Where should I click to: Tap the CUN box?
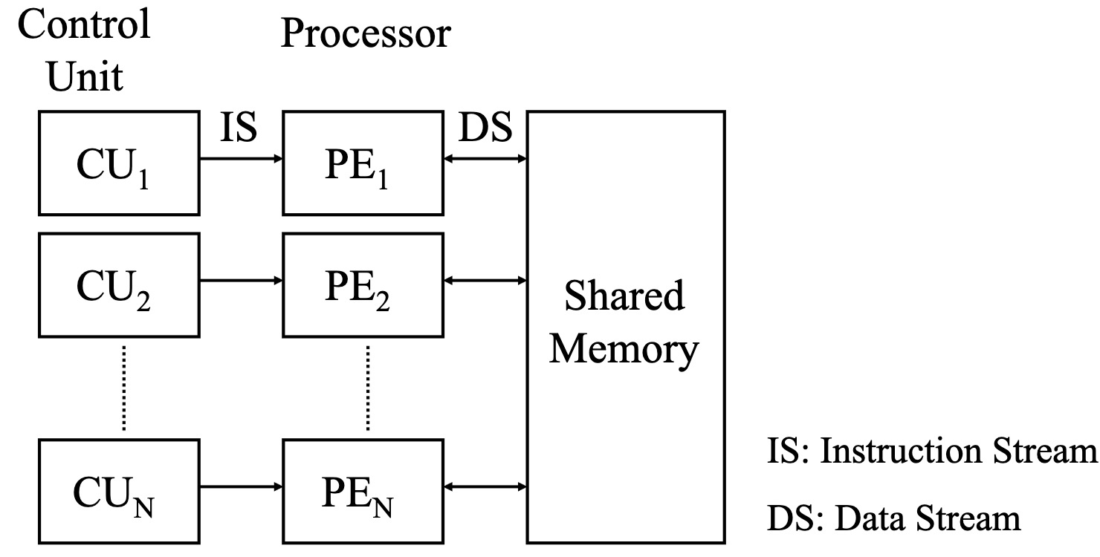click(x=118, y=490)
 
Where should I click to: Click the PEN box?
click(x=363, y=490)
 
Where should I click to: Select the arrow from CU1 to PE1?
click(x=240, y=157)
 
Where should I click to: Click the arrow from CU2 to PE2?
click(x=240, y=281)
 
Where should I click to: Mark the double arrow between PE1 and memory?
click(x=485, y=157)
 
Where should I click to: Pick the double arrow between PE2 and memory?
click(x=485, y=281)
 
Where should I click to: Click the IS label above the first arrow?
click(x=239, y=128)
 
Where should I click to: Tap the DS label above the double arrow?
click(x=485, y=128)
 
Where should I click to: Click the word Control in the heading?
click(x=84, y=25)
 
